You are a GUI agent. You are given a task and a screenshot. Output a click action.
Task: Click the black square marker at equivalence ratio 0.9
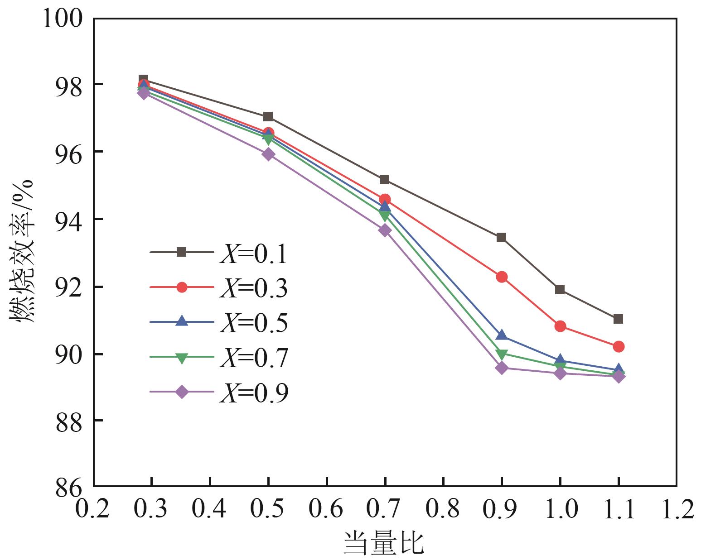click(x=501, y=238)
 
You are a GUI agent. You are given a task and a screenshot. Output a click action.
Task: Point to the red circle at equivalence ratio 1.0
click(x=560, y=326)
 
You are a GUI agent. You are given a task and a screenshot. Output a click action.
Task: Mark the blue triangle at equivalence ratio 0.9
click(x=501, y=335)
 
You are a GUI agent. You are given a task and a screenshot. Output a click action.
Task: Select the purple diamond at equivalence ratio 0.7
click(x=385, y=230)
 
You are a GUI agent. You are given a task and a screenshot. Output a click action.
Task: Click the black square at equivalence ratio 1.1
click(x=618, y=319)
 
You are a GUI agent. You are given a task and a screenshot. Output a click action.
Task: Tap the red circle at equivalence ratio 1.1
click(x=619, y=346)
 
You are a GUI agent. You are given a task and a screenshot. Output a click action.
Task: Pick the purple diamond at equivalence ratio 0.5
click(x=268, y=154)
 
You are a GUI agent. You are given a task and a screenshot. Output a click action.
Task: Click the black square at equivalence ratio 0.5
click(x=268, y=117)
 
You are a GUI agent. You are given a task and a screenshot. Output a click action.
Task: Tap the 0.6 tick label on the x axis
click(x=326, y=509)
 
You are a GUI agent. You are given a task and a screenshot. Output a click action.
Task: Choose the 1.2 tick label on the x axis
click(x=676, y=509)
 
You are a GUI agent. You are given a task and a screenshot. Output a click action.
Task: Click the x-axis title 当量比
click(x=384, y=543)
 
